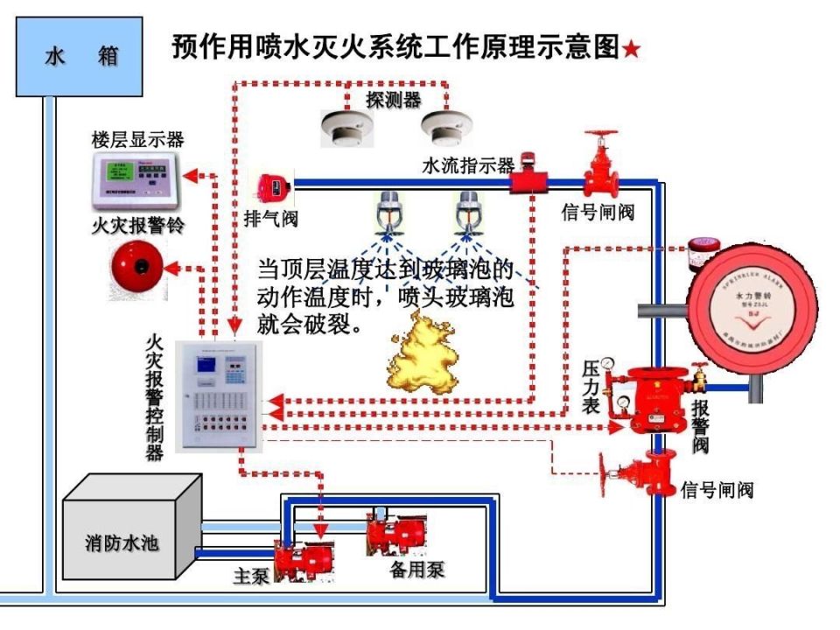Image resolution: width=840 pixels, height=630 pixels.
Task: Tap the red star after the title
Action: point(631,50)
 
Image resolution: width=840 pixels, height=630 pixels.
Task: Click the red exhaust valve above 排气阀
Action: point(271,185)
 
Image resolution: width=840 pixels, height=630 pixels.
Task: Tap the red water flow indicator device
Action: point(528,179)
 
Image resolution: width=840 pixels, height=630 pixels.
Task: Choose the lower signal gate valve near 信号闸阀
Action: point(640,473)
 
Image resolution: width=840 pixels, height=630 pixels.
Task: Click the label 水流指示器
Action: point(468,164)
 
